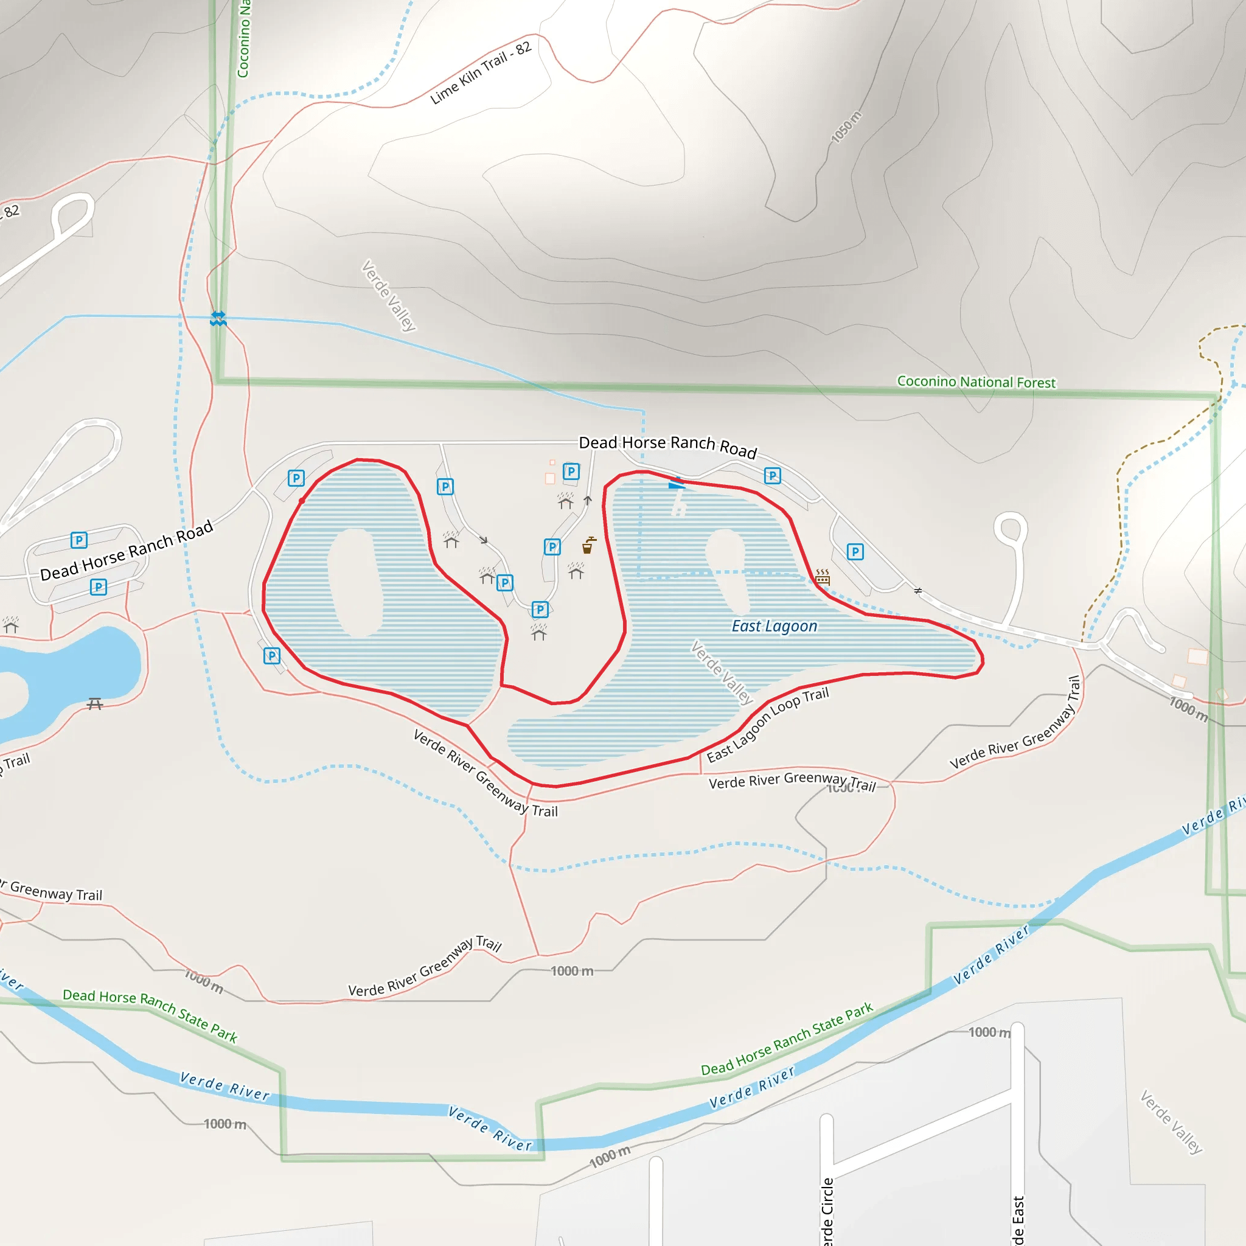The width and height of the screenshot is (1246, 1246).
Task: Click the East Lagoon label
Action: (x=774, y=626)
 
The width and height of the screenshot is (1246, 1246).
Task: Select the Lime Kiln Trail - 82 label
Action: (x=481, y=72)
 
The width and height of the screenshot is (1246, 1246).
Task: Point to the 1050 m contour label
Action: (x=846, y=127)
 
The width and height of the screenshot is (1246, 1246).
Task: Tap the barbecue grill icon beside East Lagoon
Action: (x=823, y=576)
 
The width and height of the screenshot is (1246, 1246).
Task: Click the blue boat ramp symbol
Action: (x=676, y=483)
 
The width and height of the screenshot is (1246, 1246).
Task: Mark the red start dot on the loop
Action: (x=302, y=501)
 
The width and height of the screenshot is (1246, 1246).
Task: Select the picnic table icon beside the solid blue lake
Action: (x=95, y=704)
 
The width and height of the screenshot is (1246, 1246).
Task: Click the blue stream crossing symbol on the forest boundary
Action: (x=218, y=318)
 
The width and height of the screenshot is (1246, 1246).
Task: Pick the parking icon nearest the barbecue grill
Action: (x=855, y=551)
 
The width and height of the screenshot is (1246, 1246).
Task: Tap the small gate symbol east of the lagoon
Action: (x=917, y=590)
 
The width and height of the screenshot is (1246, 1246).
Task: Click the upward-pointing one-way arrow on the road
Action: (x=588, y=501)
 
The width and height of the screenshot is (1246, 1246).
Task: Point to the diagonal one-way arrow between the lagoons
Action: (x=484, y=540)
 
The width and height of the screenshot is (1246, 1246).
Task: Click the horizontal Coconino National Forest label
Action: (x=976, y=382)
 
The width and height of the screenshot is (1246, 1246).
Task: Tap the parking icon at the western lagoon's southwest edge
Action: (x=272, y=656)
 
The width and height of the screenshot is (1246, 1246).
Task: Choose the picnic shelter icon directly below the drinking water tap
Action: (x=576, y=570)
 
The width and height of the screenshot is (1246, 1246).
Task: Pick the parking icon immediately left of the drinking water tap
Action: (x=552, y=547)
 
